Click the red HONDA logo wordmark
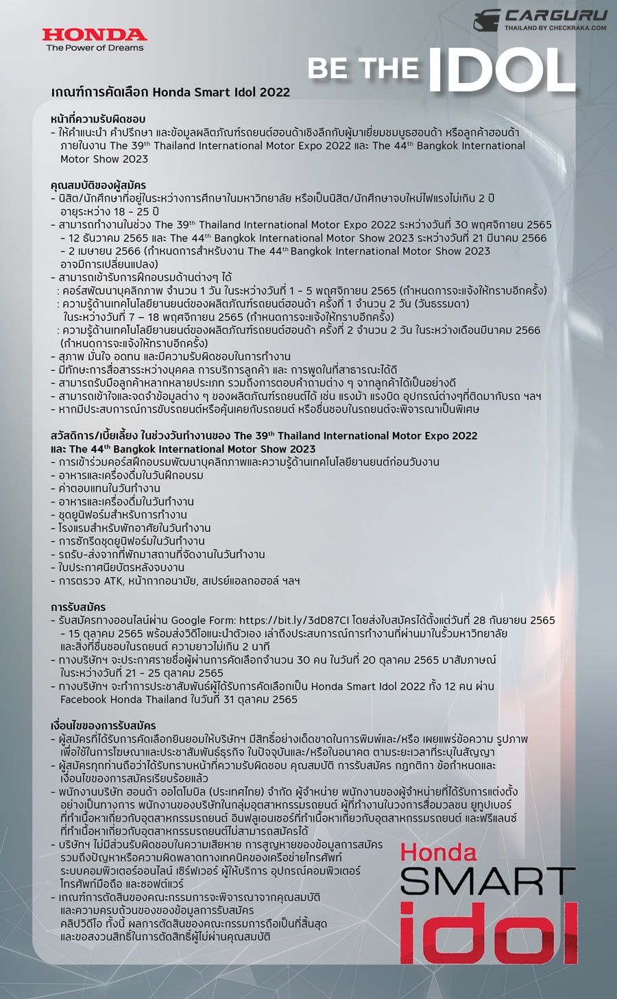click(x=95, y=34)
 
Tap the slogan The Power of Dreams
click(x=95, y=48)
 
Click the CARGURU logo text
click(x=556, y=15)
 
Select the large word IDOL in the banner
click(x=501, y=69)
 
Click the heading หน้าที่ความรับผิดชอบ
click(x=98, y=119)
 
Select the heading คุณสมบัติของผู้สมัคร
click(x=98, y=185)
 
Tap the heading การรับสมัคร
click(x=78, y=607)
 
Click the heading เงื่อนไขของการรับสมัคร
click(x=104, y=725)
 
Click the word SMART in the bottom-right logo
click(x=487, y=882)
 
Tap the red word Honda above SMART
click(x=439, y=853)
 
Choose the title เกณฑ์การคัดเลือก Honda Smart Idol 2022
click(x=171, y=92)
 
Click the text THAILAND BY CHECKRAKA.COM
click(x=555, y=28)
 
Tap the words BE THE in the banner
click(x=363, y=69)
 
